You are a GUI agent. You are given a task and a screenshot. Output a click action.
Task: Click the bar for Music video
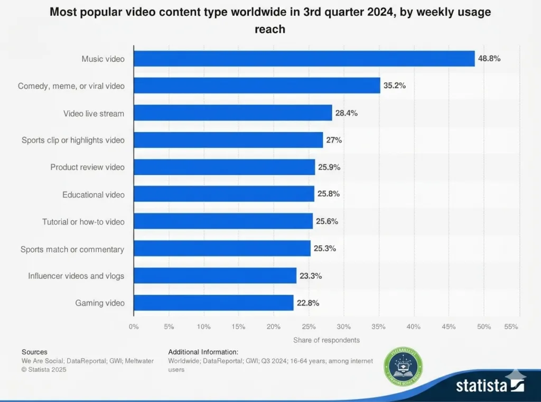tap(304, 59)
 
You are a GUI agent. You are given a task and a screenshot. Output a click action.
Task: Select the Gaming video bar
tap(213, 303)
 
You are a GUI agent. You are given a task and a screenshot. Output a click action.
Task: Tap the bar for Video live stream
tap(232, 113)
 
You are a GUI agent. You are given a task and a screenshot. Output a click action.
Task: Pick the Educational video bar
tap(223, 194)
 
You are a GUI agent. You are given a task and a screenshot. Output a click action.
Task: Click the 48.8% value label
tap(489, 59)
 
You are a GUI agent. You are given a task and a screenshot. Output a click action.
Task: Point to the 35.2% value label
tap(395, 86)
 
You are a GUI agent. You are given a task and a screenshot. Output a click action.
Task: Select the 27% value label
tap(334, 140)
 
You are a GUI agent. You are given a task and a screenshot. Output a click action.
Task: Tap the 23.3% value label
tap(311, 276)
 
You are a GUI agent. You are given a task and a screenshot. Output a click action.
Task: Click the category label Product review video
tap(88, 167)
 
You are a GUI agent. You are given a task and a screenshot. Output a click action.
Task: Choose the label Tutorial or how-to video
tap(83, 221)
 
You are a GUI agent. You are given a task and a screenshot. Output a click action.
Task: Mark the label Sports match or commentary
tap(72, 249)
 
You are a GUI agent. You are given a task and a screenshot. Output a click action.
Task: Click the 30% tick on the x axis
tap(343, 327)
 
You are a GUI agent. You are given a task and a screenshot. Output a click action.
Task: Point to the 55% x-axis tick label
tap(511, 327)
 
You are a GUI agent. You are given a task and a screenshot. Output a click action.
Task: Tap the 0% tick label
tap(134, 327)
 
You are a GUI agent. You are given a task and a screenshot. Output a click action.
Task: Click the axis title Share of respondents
tap(327, 340)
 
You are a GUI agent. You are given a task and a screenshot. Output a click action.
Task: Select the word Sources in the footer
tap(34, 352)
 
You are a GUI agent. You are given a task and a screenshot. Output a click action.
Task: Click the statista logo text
tap(482, 385)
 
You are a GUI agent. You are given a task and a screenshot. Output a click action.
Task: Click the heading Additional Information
tap(203, 352)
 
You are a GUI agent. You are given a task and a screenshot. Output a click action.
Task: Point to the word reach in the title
tap(270, 29)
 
